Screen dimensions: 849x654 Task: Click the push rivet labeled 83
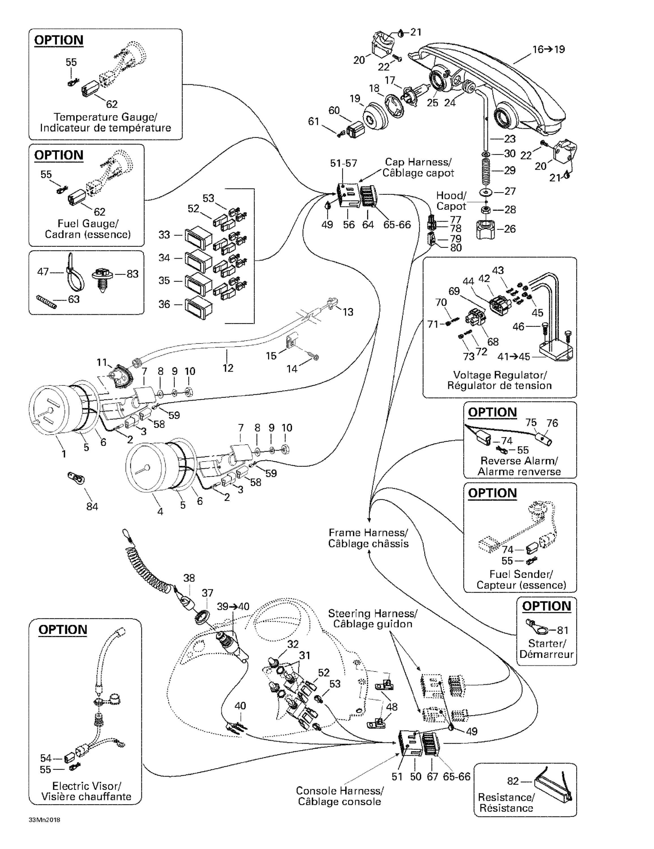pyautogui.click(x=102, y=277)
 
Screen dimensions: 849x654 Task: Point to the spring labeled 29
pyautogui.click(x=486, y=170)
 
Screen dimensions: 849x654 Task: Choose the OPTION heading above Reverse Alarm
pyautogui.click(x=492, y=412)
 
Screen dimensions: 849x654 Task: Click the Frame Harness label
pyautogui.click(x=368, y=538)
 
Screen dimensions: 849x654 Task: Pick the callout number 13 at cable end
pyautogui.click(x=348, y=312)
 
